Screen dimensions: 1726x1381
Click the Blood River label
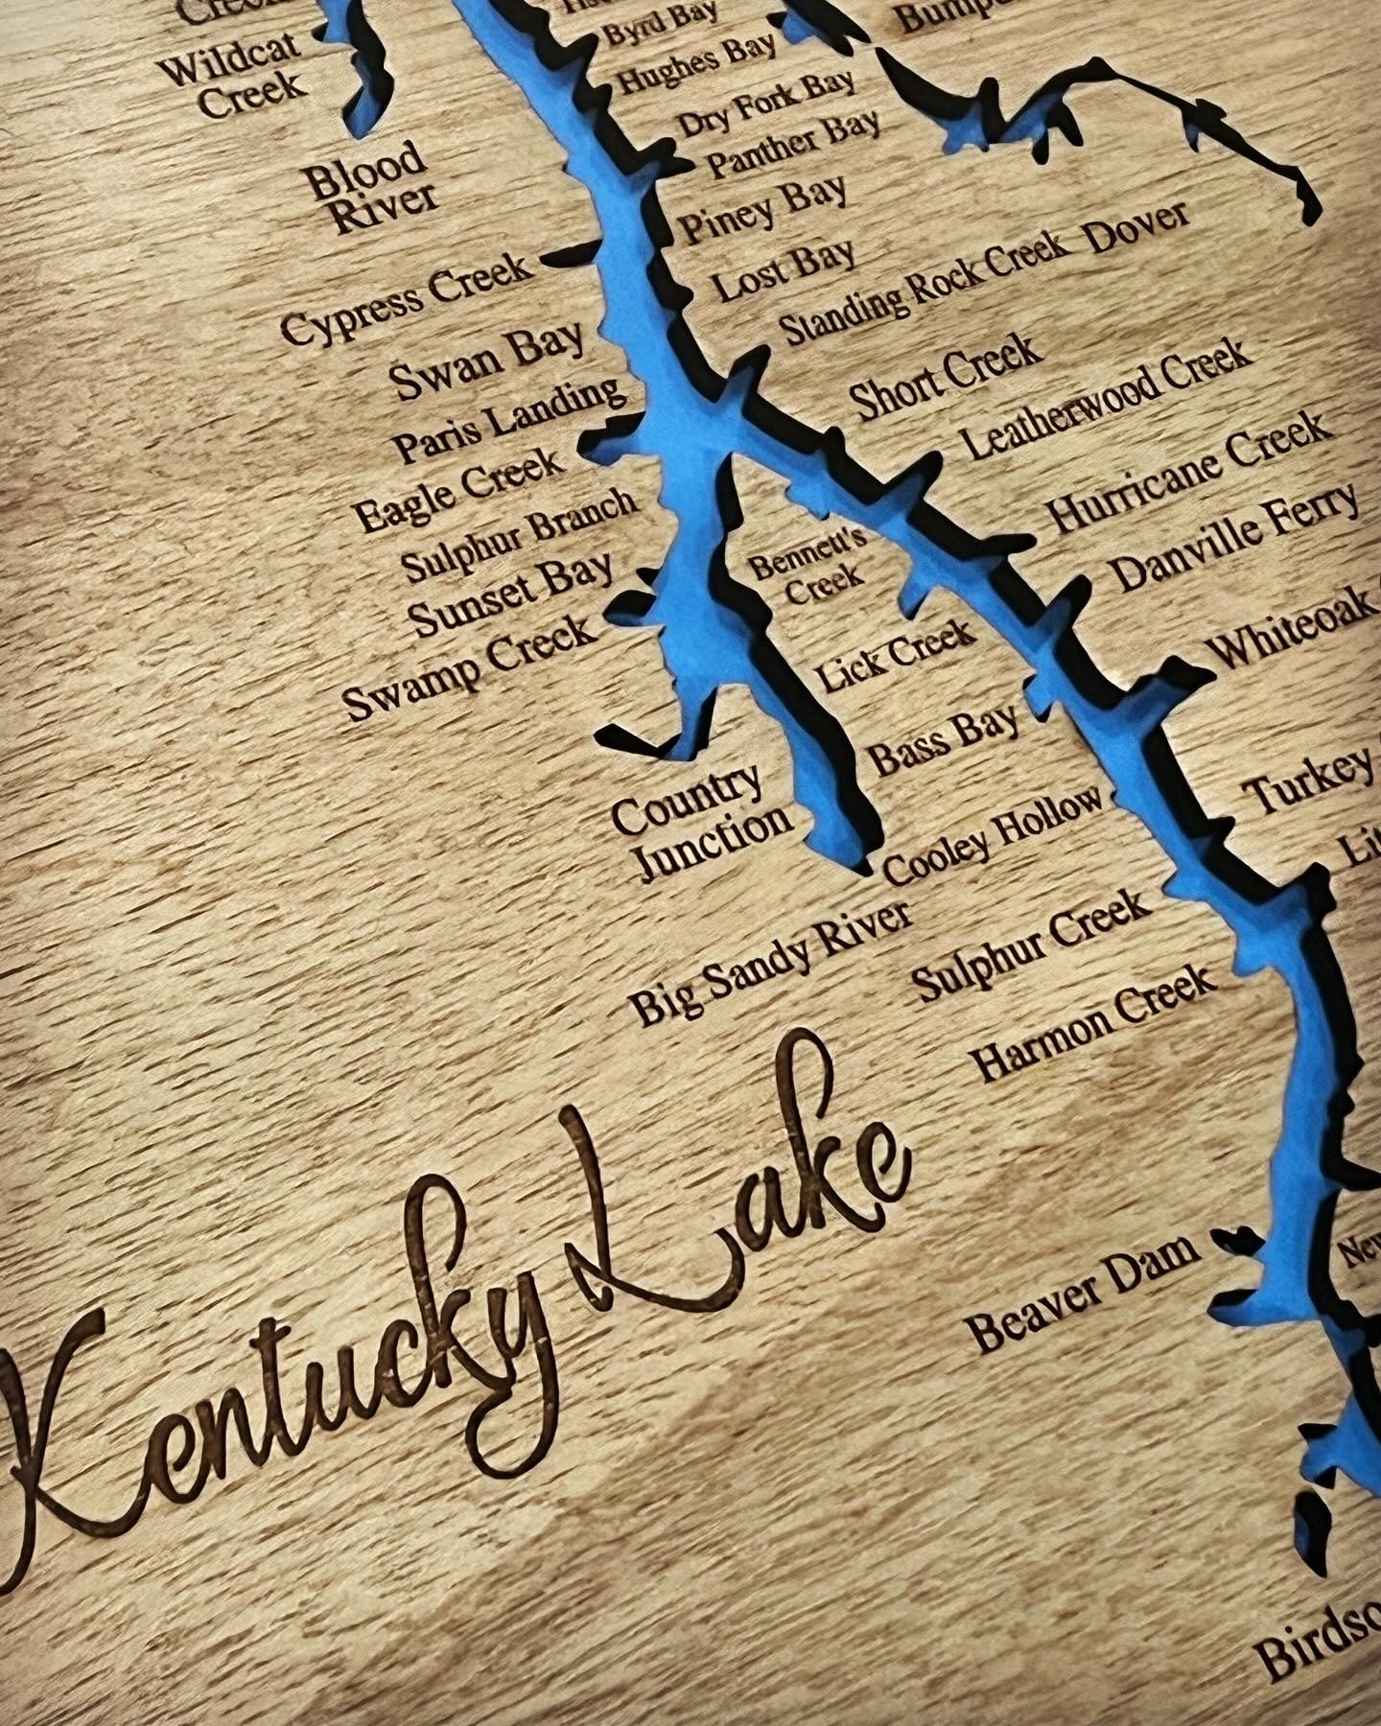[x=369, y=188]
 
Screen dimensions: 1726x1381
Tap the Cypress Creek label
[x=407, y=298]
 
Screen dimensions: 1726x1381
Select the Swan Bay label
[x=487, y=362]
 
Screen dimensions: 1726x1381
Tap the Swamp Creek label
[x=470, y=665]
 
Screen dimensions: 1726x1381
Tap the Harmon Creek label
[x=1094, y=1022]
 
